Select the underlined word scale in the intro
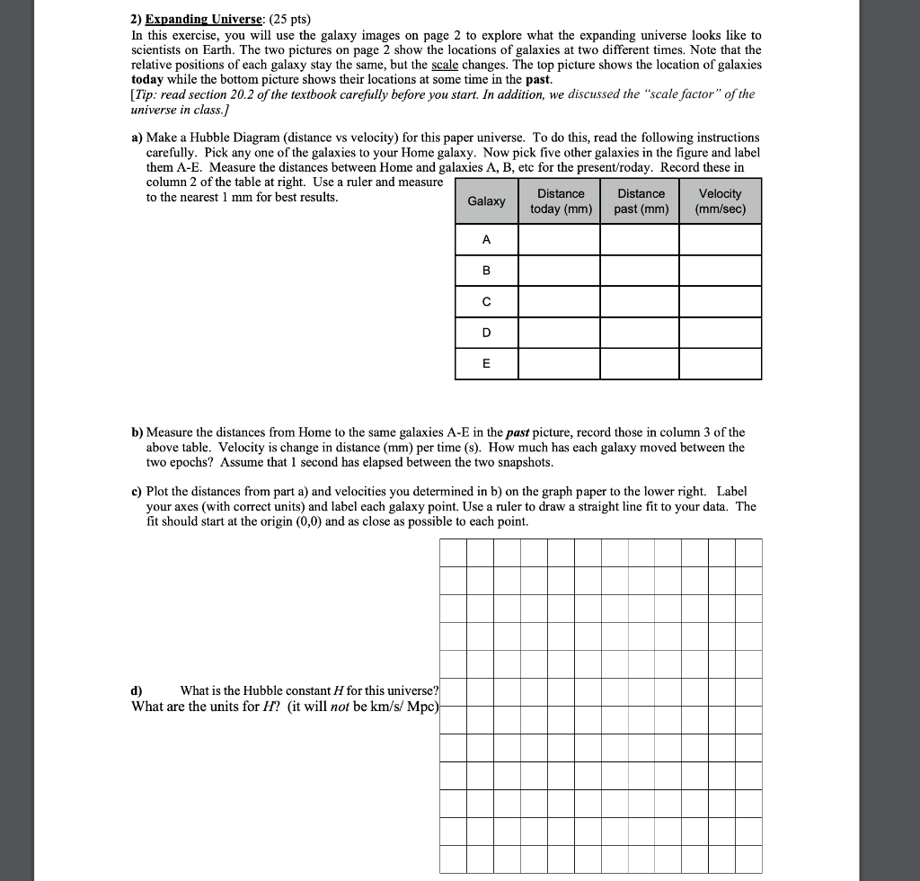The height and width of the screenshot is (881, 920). (445, 65)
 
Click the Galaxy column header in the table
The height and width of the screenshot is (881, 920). (486, 200)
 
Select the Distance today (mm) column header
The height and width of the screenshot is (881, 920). (561, 200)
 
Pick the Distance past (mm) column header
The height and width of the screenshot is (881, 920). (641, 200)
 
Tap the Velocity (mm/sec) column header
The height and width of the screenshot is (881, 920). (720, 200)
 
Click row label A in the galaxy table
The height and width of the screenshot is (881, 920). (486, 240)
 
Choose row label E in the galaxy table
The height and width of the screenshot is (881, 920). (486, 364)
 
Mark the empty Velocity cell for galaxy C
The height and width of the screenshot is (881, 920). (720, 302)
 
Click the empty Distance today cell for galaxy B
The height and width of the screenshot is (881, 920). (561, 271)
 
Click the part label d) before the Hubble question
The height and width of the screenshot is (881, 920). (137, 690)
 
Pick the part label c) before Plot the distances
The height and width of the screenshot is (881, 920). (137, 492)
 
